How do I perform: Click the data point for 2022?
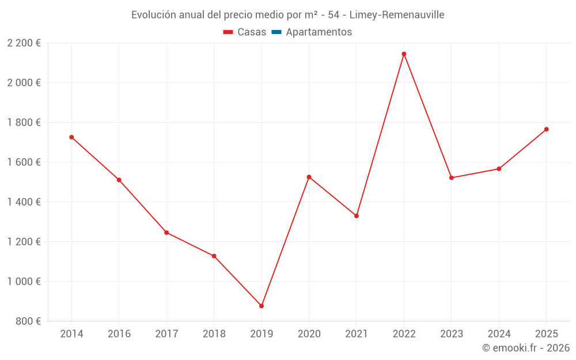tap(404, 54)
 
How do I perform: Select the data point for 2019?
tap(262, 306)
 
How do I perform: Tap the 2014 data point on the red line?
tap(71, 137)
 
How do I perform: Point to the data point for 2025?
tap(546, 129)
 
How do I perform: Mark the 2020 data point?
tap(309, 177)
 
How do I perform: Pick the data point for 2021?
tap(357, 216)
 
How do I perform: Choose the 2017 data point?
tap(166, 233)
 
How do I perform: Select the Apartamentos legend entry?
tap(319, 32)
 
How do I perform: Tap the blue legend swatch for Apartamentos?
tap(276, 32)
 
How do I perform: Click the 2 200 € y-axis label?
tap(24, 43)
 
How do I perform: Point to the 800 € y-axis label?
tap(28, 321)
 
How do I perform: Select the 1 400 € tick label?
tap(24, 202)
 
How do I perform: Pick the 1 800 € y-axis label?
tap(24, 122)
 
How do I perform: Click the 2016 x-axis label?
tap(119, 334)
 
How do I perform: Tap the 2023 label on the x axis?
tap(451, 334)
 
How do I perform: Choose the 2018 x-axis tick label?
tap(214, 334)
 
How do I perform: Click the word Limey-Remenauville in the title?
tap(397, 15)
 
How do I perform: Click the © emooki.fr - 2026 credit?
tap(526, 348)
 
